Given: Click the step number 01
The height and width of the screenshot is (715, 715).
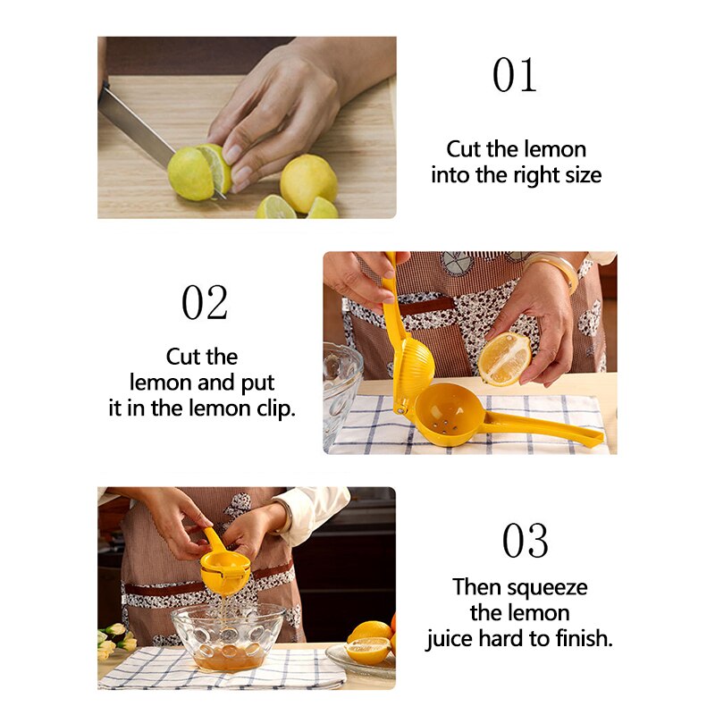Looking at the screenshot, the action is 515,75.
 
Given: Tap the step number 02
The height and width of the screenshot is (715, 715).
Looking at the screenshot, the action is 205,303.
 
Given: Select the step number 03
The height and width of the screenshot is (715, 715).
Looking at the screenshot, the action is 525,541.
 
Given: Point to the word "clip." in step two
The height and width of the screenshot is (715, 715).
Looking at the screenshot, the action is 276,408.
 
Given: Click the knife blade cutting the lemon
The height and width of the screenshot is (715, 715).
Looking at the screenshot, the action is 137,124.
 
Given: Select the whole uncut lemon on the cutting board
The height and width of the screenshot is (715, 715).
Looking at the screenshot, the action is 307,183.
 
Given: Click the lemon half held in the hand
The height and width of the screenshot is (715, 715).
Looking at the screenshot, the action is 504,359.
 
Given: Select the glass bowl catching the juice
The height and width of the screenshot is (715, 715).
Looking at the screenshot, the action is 228,636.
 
